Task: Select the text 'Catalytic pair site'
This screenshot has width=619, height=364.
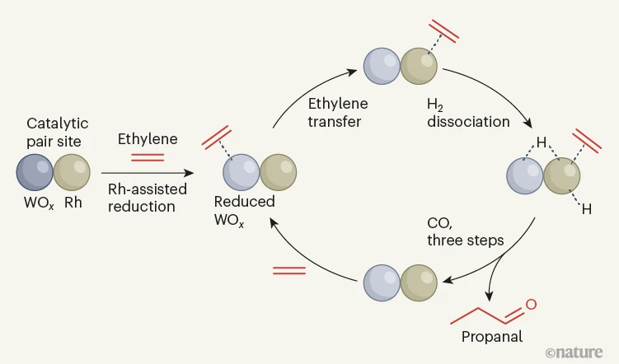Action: (x=57, y=132)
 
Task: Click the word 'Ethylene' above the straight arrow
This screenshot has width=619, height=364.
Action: (x=148, y=138)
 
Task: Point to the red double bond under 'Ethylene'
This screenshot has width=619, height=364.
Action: (x=148, y=156)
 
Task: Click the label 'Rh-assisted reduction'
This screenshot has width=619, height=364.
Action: (x=148, y=198)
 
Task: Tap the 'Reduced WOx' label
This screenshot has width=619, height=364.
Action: (x=244, y=209)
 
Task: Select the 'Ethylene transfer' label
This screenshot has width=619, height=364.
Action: (x=338, y=113)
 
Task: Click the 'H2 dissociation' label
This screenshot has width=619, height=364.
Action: (x=468, y=113)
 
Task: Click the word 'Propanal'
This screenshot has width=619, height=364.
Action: (x=492, y=336)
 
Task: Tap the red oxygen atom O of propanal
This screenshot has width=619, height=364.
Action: (x=531, y=305)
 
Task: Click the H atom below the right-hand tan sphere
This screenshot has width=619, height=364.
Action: (x=586, y=209)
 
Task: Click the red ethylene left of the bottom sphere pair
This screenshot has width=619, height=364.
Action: (x=288, y=270)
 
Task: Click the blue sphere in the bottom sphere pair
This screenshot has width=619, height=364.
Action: (x=382, y=281)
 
